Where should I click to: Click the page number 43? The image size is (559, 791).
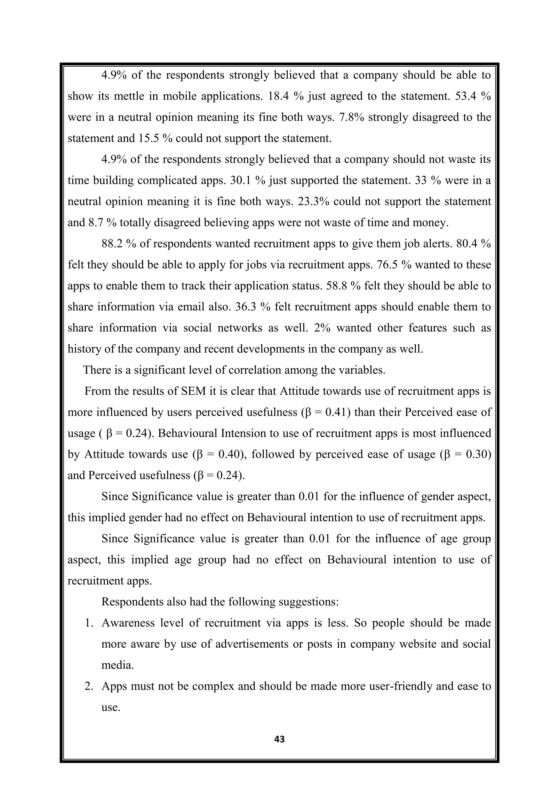tap(279, 739)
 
